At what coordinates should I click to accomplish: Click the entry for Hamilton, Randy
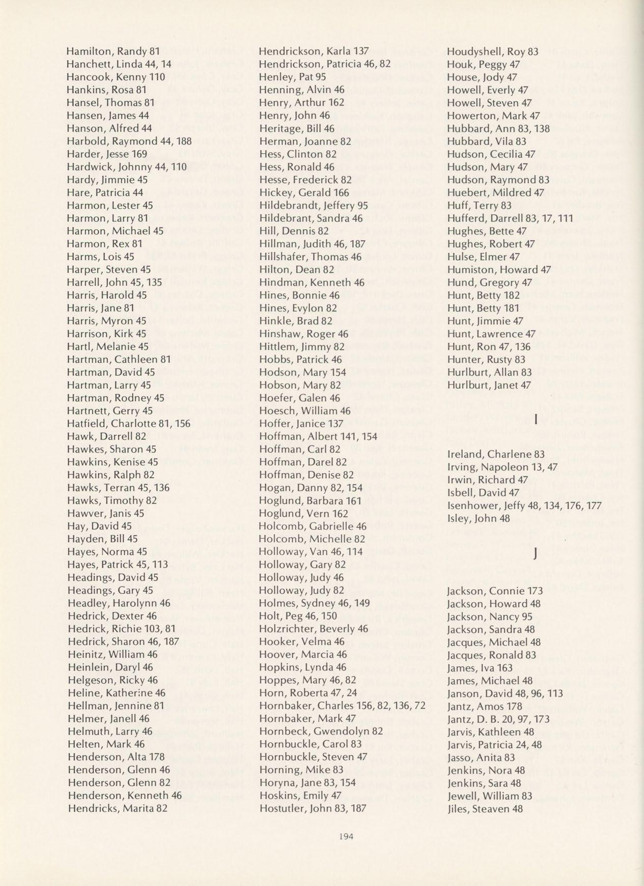(114, 51)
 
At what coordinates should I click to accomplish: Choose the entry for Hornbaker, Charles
(342, 705)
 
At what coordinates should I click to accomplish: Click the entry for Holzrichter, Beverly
(313, 628)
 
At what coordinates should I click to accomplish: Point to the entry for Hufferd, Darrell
(510, 218)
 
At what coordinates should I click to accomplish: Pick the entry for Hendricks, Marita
(117, 808)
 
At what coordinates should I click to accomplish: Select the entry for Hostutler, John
(313, 808)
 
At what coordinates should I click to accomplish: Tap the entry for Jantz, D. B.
(492, 718)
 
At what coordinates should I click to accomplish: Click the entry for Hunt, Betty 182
(483, 295)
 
